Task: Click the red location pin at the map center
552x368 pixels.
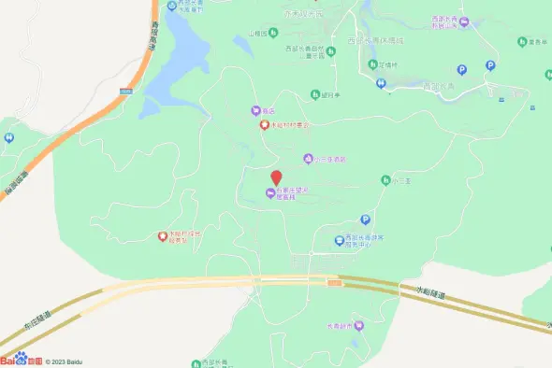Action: point(276,177)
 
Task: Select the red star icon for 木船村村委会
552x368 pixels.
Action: point(265,124)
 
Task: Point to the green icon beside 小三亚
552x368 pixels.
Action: point(385,179)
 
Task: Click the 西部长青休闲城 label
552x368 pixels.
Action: point(374,41)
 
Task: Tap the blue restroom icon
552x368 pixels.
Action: point(381,83)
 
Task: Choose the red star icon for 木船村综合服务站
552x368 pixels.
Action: point(162,236)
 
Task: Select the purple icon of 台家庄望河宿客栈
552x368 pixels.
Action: point(270,193)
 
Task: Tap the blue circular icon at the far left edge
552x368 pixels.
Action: point(8,138)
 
